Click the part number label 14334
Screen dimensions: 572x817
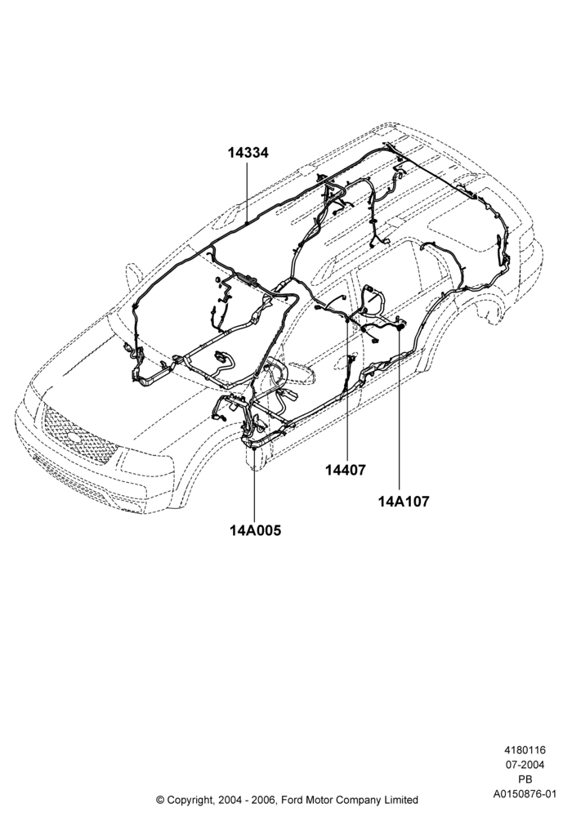(248, 154)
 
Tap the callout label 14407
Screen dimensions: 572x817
(346, 470)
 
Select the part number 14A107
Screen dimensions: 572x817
(404, 502)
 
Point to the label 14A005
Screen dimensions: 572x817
(255, 530)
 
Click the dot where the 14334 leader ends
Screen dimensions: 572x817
(246, 223)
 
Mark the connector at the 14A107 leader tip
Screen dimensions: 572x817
(400, 328)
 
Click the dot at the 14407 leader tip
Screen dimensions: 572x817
(347, 320)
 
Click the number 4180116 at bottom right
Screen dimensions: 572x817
(525, 750)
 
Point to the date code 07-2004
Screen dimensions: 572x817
(525, 765)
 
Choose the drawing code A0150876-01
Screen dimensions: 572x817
(525, 794)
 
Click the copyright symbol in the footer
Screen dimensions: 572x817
(160, 799)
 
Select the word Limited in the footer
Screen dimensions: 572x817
(401, 799)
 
